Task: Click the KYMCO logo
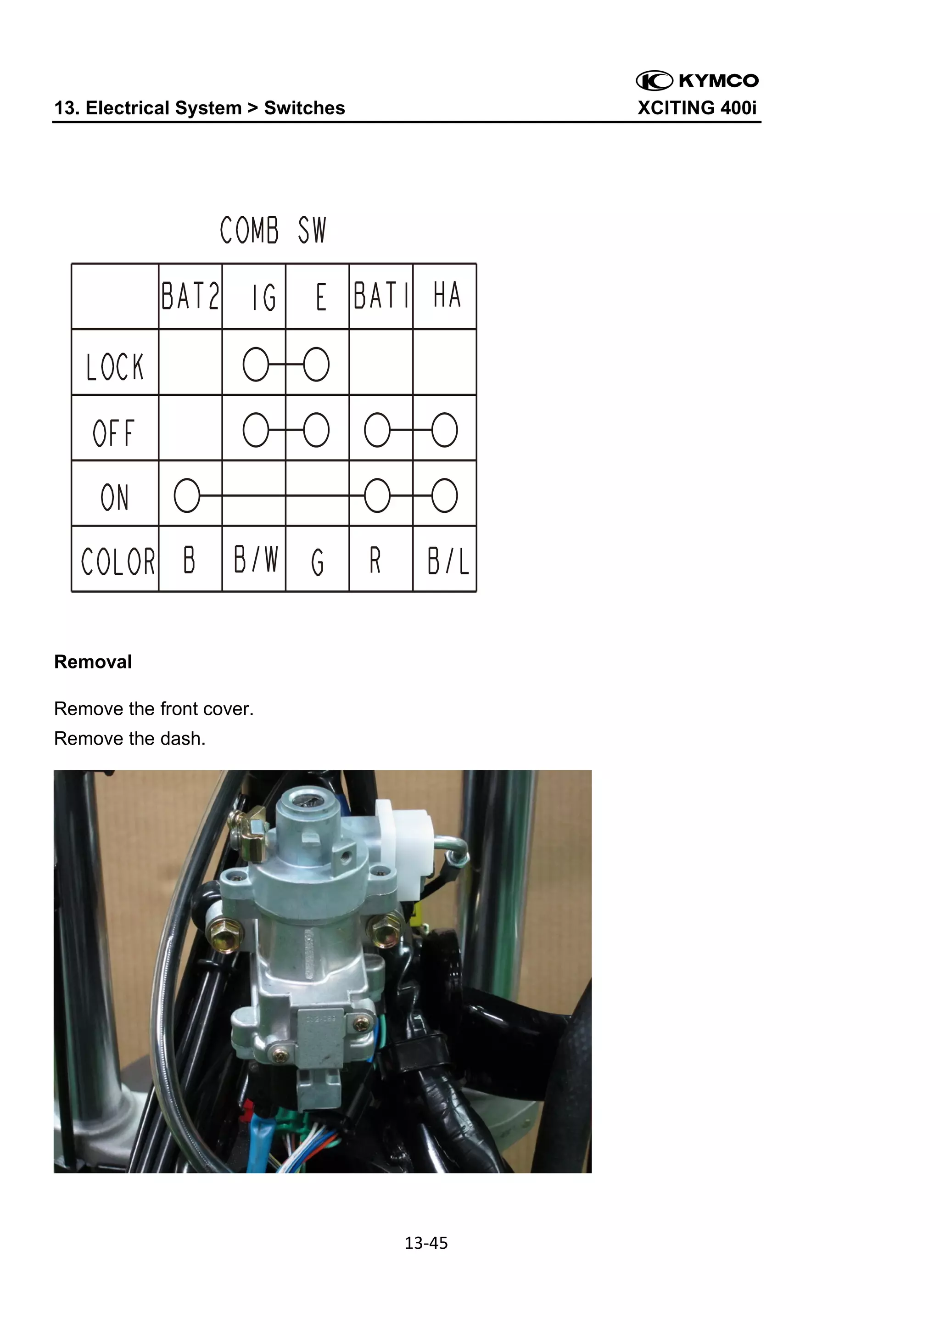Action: pyautogui.click(x=697, y=80)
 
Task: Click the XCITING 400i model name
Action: pyautogui.click(x=697, y=108)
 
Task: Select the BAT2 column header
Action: pyautogui.click(x=190, y=296)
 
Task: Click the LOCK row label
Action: pyautogui.click(x=115, y=367)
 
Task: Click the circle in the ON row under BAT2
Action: pyautogui.click(x=186, y=496)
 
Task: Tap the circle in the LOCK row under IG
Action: pyautogui.click(x=255, y=365)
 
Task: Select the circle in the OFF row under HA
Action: pyautogui.click(x=444, y=430)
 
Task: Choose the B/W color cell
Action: pyautogui.click(x=255, y=560)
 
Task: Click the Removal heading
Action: pyautogui.click(x=93, y=662)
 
